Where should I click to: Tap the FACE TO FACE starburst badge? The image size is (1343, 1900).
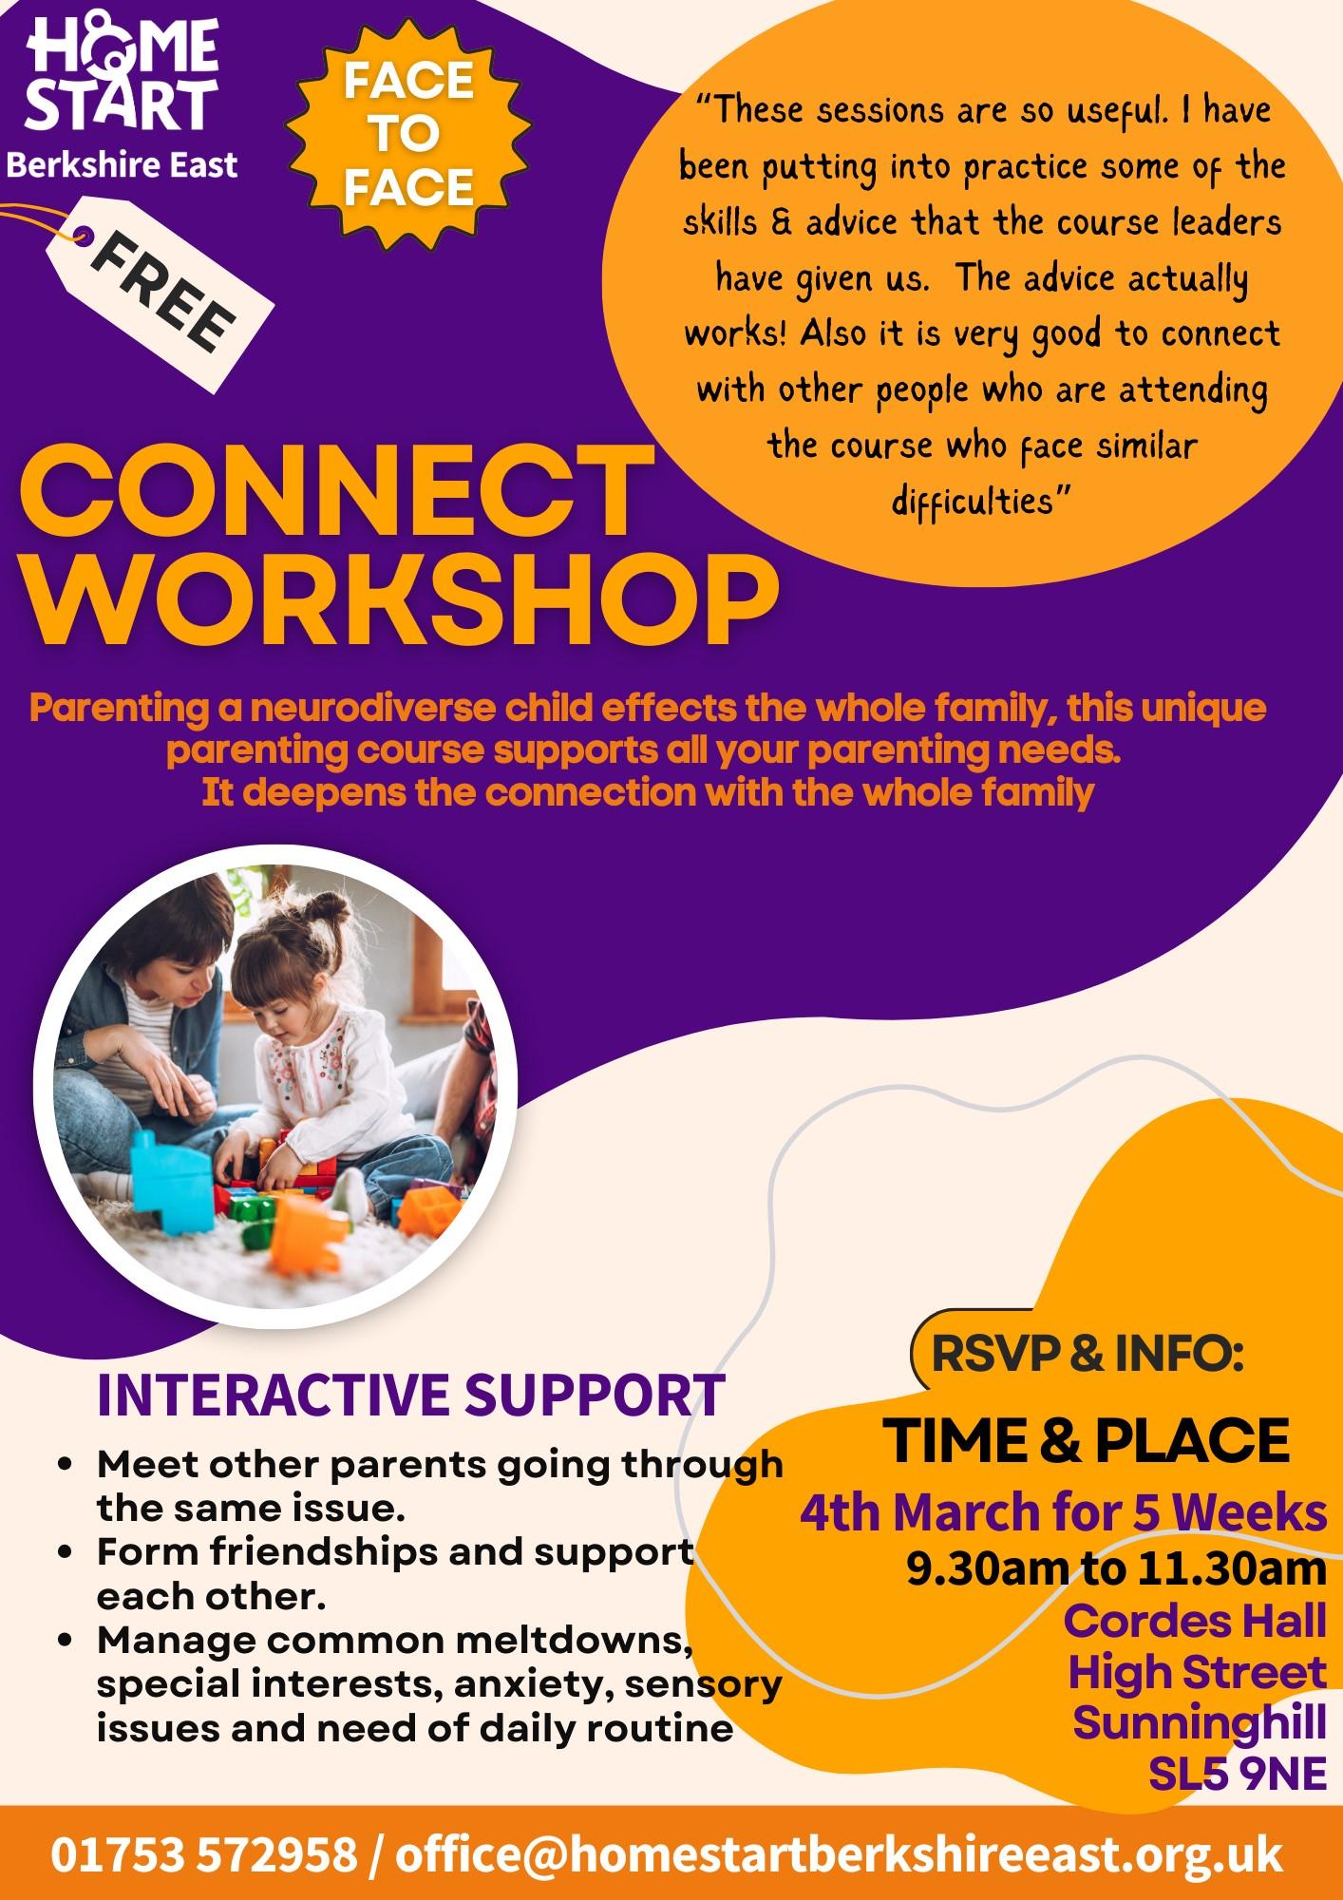pyautogui.click(x=408, y=134)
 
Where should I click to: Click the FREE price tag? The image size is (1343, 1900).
pyautogui.click(x=166, y=290)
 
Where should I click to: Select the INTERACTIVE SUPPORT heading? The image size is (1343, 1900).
pyautogui.click(x=411, y=1395)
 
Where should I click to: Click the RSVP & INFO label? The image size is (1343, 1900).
pyautogui.click(x=1088, y=1353)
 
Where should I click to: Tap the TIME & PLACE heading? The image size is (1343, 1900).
pyautogui.click(x=1087, y=1441)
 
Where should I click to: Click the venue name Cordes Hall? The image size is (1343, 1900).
pyautogui.click(x=1195, y=1622)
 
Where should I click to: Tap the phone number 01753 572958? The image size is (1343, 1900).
pyautogui.click(x=204, y=1854)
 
